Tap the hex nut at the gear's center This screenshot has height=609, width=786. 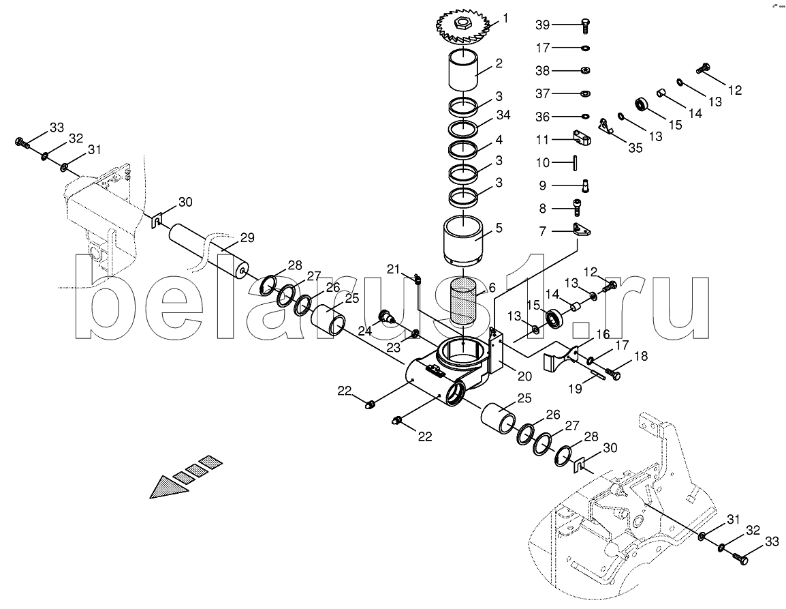pos(460,22)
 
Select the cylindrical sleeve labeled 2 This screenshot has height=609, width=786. pos(462,71)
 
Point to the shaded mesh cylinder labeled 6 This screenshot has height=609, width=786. pos(464,302)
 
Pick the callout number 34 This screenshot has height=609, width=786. pos(503,115)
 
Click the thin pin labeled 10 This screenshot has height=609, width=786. pos(576,163)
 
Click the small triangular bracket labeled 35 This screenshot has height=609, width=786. pos(607,126)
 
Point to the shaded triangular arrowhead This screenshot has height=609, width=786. pos(170,486)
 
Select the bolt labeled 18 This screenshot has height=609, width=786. pos(613,373)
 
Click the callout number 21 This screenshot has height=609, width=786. pos(394,269)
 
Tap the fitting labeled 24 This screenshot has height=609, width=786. pos(387,317)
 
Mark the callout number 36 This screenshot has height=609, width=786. pos(542,117)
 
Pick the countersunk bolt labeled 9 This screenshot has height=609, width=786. pos(585,185)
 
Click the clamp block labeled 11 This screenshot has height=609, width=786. pos(582,137)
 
